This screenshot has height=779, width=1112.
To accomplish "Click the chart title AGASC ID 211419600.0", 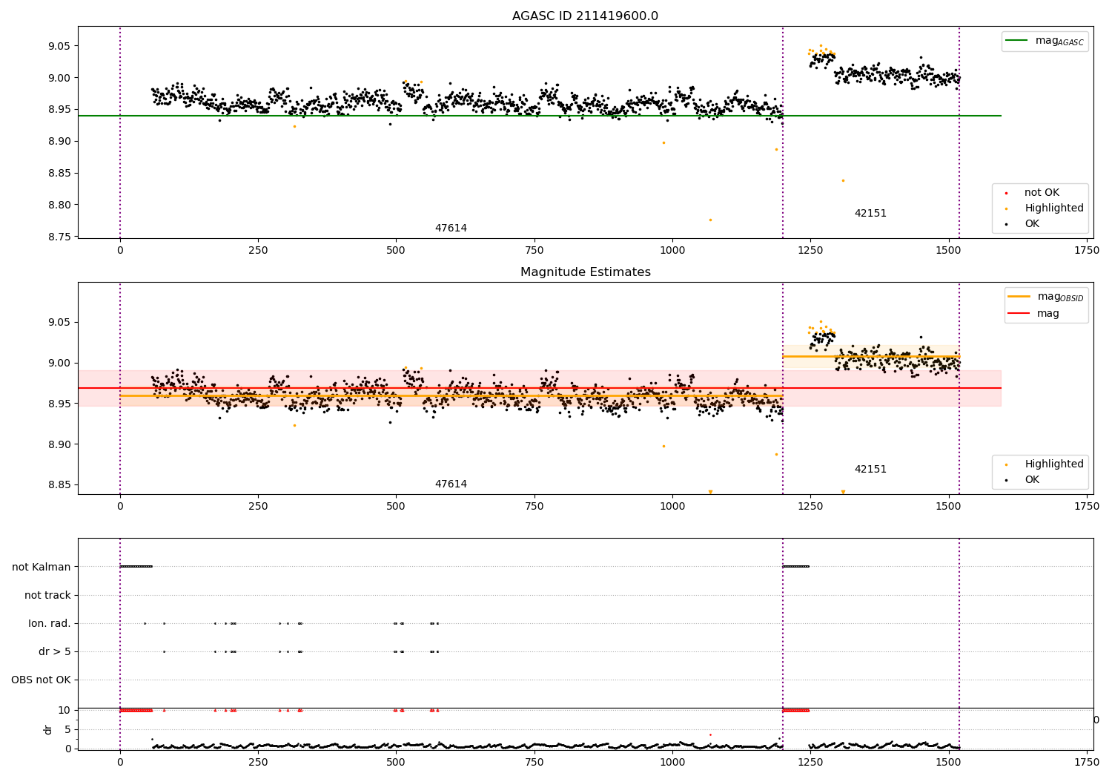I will pos(585,16).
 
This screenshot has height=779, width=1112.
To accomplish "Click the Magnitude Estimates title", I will pos(585,272).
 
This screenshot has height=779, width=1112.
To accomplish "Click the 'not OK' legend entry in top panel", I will pos(1042,193).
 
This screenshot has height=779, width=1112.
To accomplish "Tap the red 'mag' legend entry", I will pos(1048,313).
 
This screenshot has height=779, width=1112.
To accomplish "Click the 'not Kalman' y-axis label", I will pos(42,567).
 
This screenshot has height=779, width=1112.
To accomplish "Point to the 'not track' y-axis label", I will pos(47,595).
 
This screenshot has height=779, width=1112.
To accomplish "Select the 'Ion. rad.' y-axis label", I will pos(50,623).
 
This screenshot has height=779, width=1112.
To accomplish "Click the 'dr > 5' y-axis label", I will pos(55,651).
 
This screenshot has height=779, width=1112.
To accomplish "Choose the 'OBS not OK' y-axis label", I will pos(41,680).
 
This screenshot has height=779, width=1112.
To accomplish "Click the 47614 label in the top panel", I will pos(451,229).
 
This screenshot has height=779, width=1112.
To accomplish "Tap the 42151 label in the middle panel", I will pos(870,470).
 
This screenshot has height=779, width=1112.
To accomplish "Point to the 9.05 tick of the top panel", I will pos(59,46).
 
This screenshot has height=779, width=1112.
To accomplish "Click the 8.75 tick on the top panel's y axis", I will pos(59,237).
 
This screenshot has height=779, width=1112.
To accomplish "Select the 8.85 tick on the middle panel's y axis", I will pos(59,485).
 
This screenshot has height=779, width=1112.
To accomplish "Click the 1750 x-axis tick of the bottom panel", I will pos(1087,761).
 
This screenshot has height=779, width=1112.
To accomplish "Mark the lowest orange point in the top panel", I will pos(710,220).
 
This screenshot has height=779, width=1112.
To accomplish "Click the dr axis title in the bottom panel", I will pos(48,729).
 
